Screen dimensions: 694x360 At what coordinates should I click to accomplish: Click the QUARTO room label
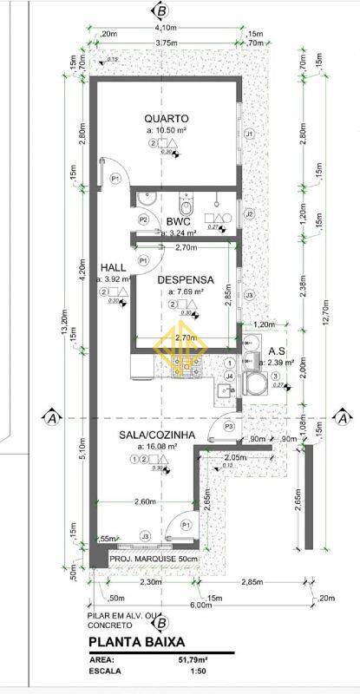(167, 119)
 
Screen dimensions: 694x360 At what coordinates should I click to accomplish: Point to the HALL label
(115, 267)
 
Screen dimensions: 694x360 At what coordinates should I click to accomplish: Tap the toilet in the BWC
(183, 206)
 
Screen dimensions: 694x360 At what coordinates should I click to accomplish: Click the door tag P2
(143, 220)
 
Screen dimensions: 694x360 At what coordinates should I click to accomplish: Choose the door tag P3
(229, 427)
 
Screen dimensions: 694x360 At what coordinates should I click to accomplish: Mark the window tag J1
(249, 134)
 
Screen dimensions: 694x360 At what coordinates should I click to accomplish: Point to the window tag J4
(229, 376)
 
